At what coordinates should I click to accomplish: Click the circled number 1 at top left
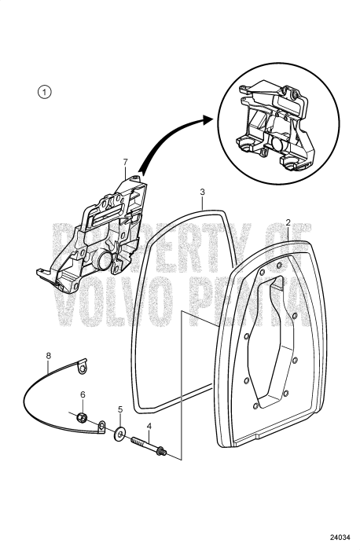[46, 92]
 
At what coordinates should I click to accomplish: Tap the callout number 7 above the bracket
[124, 163]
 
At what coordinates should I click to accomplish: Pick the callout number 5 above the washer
[120, 409]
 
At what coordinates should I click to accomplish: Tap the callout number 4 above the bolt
[149, 427]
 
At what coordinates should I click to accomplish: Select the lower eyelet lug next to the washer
[101, 427]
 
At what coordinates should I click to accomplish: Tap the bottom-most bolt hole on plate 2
[258, 407]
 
